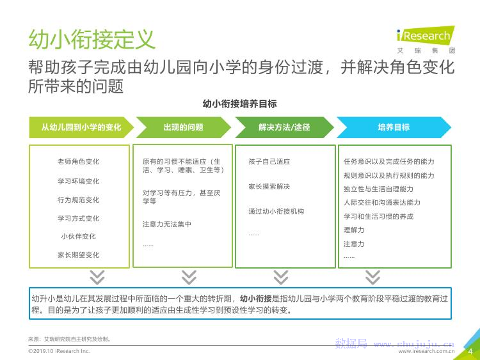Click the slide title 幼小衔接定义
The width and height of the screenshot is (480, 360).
pyautogui.click(x=92, y=40)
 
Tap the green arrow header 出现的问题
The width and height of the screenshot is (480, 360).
pyautogui.click(x=183, y=127)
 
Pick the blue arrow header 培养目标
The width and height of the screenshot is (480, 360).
pyautogui.click(x=394, y=127)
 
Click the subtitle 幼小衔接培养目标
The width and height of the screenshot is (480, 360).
pyautogui.click(x=239, y=103)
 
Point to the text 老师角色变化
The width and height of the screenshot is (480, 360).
pyautogui.click(x=79, y=162)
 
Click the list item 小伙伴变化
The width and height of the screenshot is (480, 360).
pyautogui.click(x=79, y=236)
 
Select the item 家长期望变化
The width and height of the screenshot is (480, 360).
pyautogui.click(x=79, y=254)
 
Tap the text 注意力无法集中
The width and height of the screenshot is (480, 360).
pyautogui.click(x=167, y=224)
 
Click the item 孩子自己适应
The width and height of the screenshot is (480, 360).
pyautogui.click(x=269, y=162)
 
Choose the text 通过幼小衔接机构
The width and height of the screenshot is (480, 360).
pyautogui.click(x=276, y=212)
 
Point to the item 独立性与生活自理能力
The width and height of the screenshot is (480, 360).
pyautogui.click(x=378, y=189)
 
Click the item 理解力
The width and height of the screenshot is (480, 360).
pyautogui.click(x=354, y=230)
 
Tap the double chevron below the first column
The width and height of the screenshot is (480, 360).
pyautogui.click(x=97, y=277)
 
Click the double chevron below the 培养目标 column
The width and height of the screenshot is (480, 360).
pyautogui.click(x=372, y=277)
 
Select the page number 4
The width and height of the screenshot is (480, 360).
pyautogui.click(x=470, y=350)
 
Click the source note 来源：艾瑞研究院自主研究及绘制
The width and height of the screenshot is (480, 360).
pyautogui.click(x=70, y=339)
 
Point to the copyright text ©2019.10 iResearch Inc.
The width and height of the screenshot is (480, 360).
pyautogui.click(x=60, y=351)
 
